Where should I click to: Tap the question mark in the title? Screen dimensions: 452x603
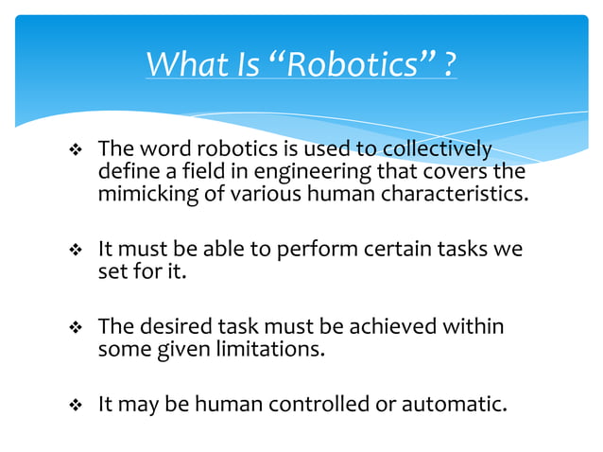(449, 65)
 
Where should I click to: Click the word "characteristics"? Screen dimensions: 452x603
(454, 195)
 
